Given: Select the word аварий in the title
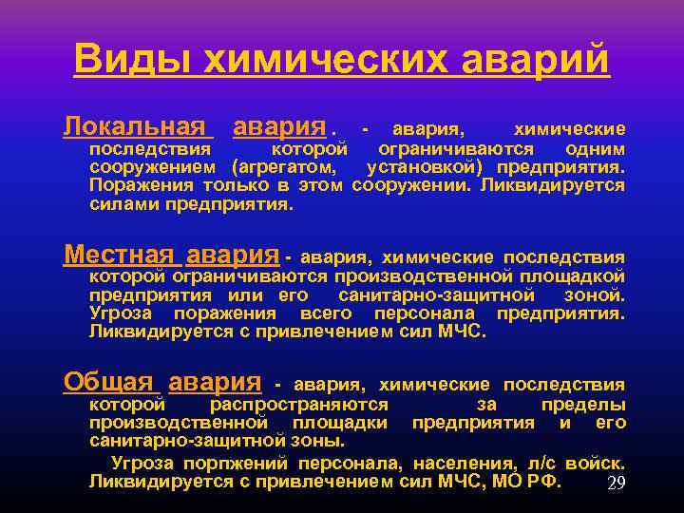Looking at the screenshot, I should click(x=536, y=60).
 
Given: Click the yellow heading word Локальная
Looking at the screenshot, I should click(x=139, y=127).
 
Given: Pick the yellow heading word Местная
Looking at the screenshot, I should click(x=119, y=256).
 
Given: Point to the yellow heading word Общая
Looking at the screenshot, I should click(x=108, y=383).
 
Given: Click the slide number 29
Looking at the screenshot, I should click(x=616, y=484).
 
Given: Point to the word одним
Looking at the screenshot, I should click(x=595, y=150).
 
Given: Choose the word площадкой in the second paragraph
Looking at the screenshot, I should click(x=579, y=277).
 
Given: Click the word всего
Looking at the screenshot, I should click(x=323, y=313).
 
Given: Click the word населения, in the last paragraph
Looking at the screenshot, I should click(x=466, y=464).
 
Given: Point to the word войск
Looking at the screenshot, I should click(x=595, y=464).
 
